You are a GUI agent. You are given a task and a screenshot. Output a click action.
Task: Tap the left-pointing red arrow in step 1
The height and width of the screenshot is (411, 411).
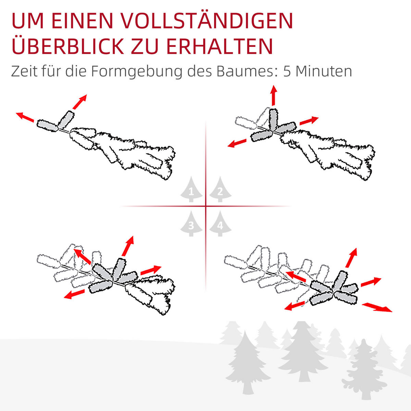(x=25, y=116)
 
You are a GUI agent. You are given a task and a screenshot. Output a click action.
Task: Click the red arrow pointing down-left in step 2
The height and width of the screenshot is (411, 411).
(x=237, y=142)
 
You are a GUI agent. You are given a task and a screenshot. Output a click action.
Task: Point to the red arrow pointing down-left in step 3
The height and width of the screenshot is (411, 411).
(x=74, y=294)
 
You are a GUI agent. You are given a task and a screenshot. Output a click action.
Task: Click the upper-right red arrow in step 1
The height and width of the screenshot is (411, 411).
(x=80, y=102)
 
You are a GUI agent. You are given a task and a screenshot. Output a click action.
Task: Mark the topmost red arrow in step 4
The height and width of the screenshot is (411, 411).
(x=351, y=258)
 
